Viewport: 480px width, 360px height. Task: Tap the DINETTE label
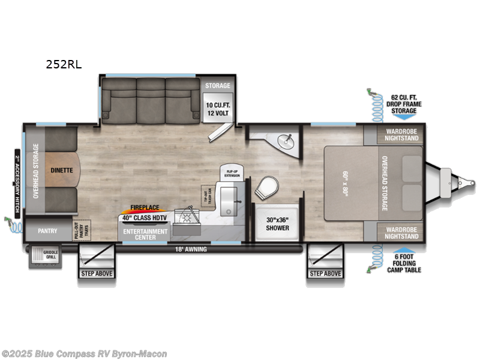click(61, 170)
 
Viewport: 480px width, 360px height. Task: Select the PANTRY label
click(46, 230)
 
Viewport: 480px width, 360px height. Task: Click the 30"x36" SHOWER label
click(277, 224)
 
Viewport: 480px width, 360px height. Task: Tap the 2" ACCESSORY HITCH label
click(17, 176)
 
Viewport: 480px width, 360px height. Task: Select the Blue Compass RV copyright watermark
click(84, 354)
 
